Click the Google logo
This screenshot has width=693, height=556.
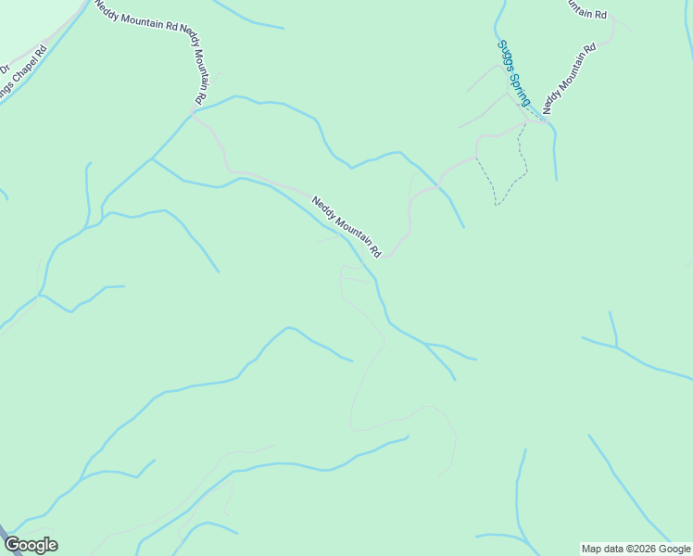pos(31,545)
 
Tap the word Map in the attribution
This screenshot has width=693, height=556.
pos(592,549)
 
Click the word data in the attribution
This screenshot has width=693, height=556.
pos(615,549)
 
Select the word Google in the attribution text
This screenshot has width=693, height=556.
pos(675,549)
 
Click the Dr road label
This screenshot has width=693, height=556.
pos(4,67)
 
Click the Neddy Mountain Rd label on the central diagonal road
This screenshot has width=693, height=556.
pos(346,226)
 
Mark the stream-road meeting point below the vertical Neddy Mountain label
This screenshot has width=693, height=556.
pos(194,111)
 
